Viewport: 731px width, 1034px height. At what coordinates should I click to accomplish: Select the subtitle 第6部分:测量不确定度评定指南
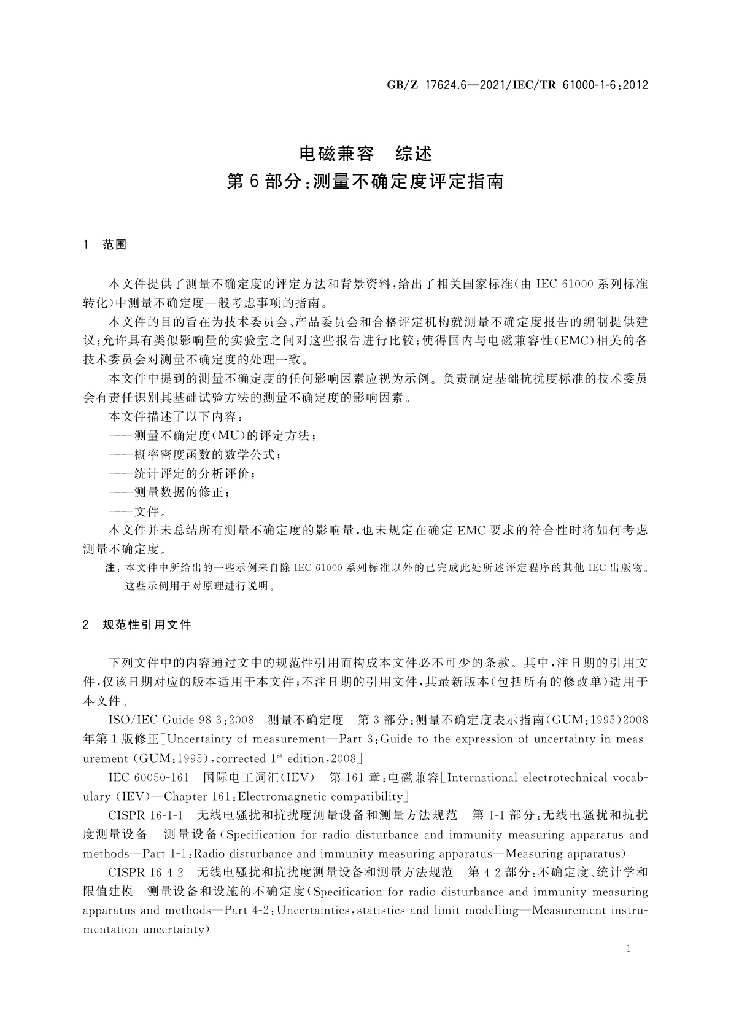365,182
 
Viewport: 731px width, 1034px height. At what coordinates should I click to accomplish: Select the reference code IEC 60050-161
149,778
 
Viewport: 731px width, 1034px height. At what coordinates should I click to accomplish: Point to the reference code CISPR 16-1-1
146,815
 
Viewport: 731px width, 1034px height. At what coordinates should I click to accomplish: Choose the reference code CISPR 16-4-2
146,872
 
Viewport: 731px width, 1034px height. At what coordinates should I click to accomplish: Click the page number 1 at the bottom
629,949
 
